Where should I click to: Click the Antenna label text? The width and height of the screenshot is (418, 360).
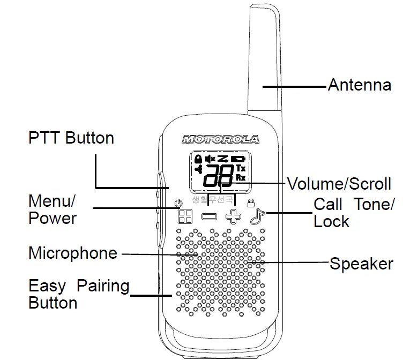(x=359, y=85)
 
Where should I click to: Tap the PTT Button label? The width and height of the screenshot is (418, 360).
(x=71, y=138)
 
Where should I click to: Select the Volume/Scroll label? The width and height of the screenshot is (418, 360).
(x=339, y=184)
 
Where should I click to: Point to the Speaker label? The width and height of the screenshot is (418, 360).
(x=361, y=264)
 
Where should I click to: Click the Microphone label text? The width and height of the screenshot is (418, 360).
(x=72, y=253)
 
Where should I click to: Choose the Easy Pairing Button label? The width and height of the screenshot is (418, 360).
(x=78, y=294)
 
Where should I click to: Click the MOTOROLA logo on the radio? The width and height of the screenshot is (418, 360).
(x=221, y=139)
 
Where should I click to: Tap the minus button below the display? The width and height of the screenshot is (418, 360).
(x=209, y=217)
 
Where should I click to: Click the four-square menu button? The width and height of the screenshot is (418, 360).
(x=185, y=216)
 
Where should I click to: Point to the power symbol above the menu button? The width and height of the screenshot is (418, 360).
(x=178, y=202)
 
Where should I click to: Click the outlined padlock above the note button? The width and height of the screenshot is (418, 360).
(x=250, y=202)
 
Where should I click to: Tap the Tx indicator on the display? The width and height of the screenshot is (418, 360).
(x=241, y=168)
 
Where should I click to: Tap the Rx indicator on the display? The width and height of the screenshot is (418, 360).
(x=241, y=177)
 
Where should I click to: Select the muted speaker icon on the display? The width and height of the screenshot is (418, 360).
(x=210, y=159)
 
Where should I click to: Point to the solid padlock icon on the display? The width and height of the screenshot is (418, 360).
(x=198, y=159)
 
